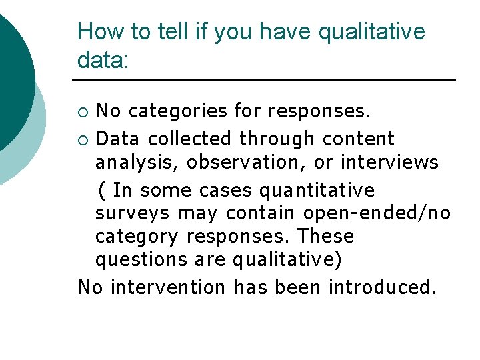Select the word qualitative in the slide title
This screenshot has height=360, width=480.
372,32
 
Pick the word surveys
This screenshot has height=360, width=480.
133,213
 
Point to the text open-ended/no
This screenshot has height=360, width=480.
377,213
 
